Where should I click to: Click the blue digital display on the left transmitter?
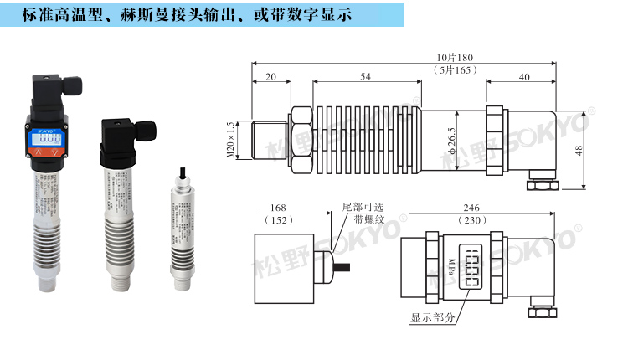51,141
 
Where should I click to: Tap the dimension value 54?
366,76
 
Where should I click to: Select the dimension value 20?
270,76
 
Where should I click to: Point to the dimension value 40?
523,76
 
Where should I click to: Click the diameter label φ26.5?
474,139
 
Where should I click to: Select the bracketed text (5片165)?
456,69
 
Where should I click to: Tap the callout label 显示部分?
433,318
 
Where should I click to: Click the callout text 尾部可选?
362,206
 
